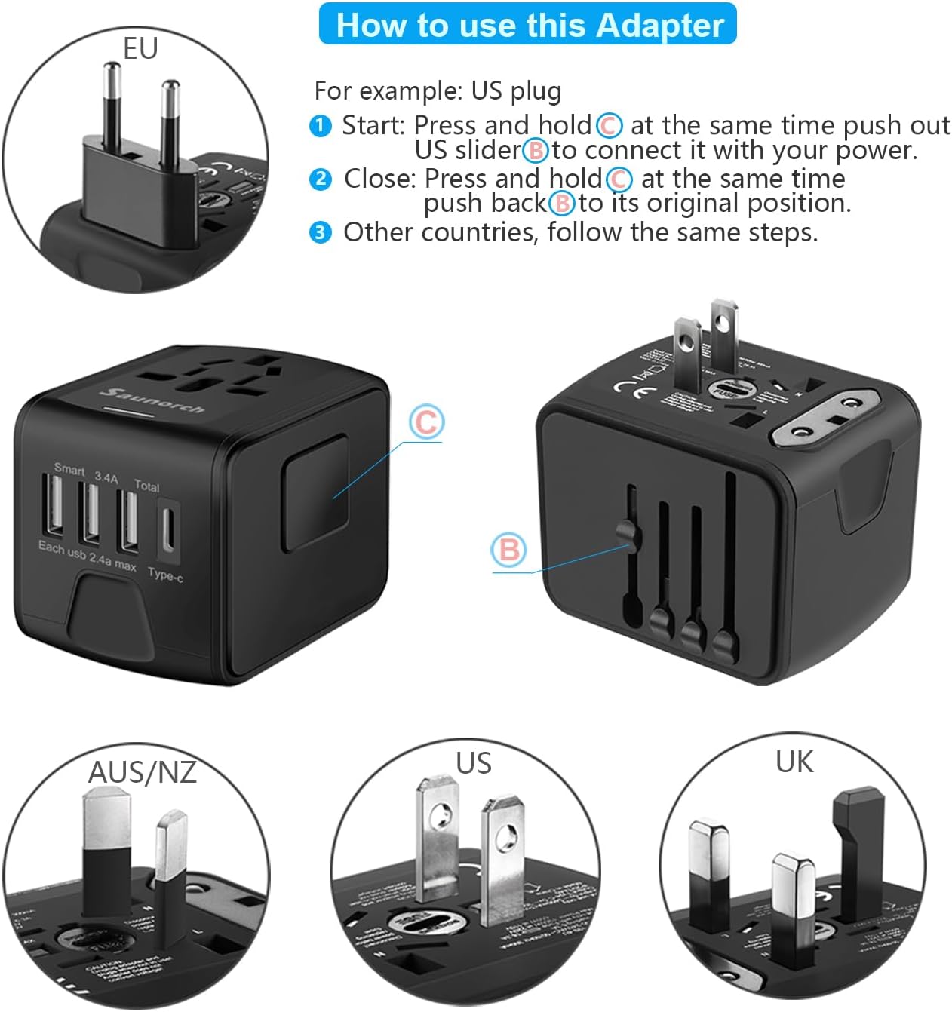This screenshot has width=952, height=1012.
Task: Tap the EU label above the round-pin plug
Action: (140, 48)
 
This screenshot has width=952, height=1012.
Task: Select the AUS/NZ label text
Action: (142, 771)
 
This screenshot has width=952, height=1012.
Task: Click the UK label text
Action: (794, 762)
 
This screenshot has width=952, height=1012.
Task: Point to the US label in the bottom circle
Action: (474, 762)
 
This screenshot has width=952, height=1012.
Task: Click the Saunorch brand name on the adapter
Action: (152, 399)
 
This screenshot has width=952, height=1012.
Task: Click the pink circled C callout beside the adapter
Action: (426, 422)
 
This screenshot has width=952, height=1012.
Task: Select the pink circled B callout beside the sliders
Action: (509, 550)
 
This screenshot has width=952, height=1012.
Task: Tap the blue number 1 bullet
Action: (321, 125)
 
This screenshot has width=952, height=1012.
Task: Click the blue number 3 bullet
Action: (321, 232)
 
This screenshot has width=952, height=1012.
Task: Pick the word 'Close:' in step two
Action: (379, 179)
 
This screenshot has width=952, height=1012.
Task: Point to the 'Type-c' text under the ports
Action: (165, 575)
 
